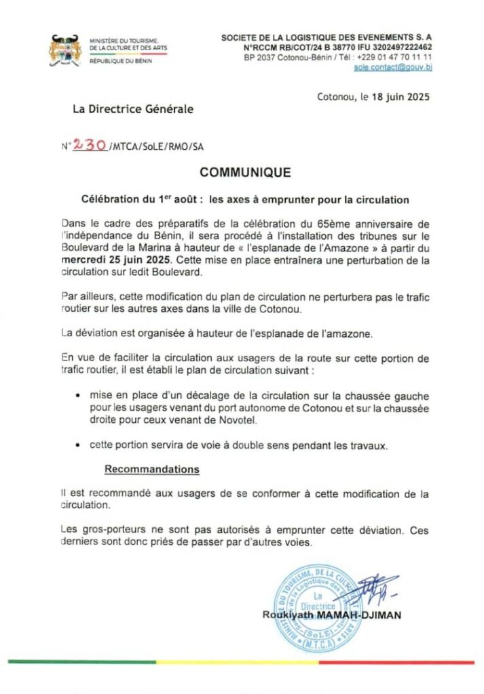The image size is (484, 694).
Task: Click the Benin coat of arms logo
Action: (64, 51)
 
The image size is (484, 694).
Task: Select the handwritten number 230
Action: (89, 144)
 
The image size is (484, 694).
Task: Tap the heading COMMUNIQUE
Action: (246, 173)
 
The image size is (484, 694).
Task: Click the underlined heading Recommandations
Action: (152, 469)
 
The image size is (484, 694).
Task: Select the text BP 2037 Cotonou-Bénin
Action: (287, 58)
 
